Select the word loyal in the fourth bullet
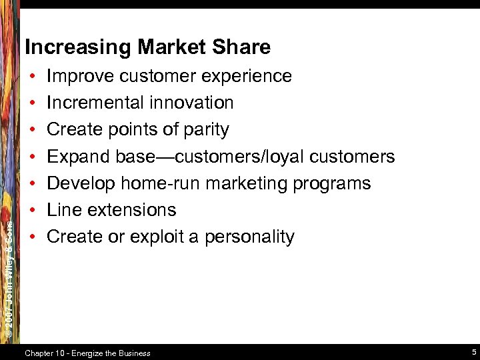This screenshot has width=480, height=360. point(286,157)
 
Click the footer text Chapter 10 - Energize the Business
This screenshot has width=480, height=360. point(87,353)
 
